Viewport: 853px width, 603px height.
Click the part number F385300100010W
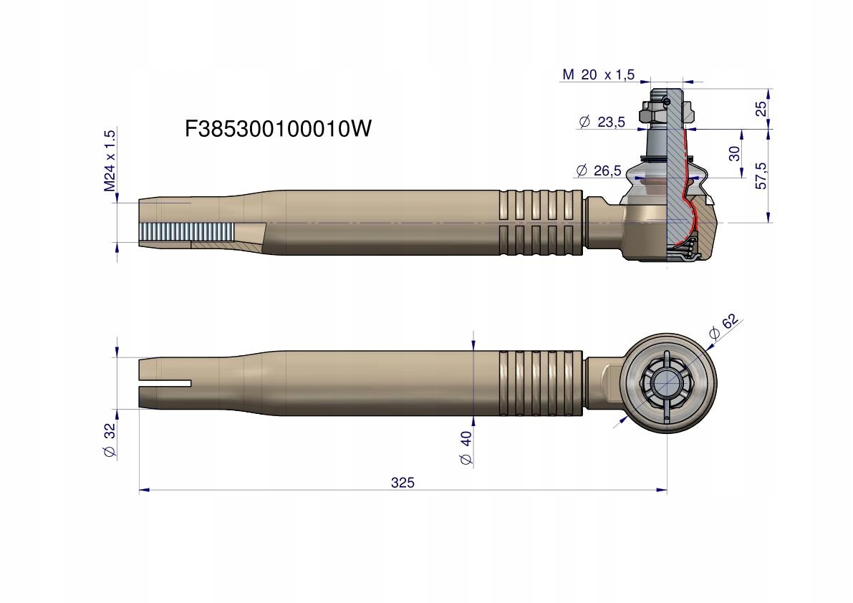point(278,129)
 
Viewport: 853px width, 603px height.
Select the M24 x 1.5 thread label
point(110,161)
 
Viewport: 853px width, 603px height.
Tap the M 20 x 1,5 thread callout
point(598,75)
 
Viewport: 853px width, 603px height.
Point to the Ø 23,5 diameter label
point(602,122)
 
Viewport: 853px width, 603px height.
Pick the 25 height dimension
point(761,109)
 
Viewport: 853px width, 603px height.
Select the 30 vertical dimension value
point(735,153)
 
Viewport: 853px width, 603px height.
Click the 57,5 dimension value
point(761,175)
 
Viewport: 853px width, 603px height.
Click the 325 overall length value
point(403,483)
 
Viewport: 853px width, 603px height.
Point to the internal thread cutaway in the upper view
point(187,232)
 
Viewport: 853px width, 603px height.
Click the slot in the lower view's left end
point(165,384)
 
